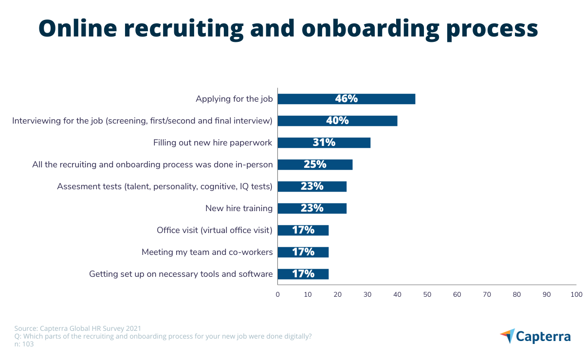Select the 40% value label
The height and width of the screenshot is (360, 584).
click(x=337, y=121)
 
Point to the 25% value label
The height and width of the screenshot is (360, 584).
click(x=315, y=164)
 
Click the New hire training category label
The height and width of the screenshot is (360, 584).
click(x=238, y=208)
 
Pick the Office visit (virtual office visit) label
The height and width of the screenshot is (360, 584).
click(x=214, y=230)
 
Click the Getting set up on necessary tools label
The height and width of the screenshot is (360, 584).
click(x=181, y=274)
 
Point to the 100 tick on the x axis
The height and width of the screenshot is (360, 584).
click(x=576, y=294)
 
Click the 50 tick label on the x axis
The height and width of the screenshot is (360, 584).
click(x=427, y=294)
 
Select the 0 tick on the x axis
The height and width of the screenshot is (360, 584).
click(x=277, y=294)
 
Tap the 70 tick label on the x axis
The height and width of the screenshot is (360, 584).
click(x=487, y=294)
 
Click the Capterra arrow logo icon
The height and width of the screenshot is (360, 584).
click(x=507, y=336)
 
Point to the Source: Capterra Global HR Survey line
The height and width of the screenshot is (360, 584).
click(x=78, y=328)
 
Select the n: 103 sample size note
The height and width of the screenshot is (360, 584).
click(x=24, y=344)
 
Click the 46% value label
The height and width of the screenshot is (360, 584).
click(x=346, y=99)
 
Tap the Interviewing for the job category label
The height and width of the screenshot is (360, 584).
click(x=142, y=121)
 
